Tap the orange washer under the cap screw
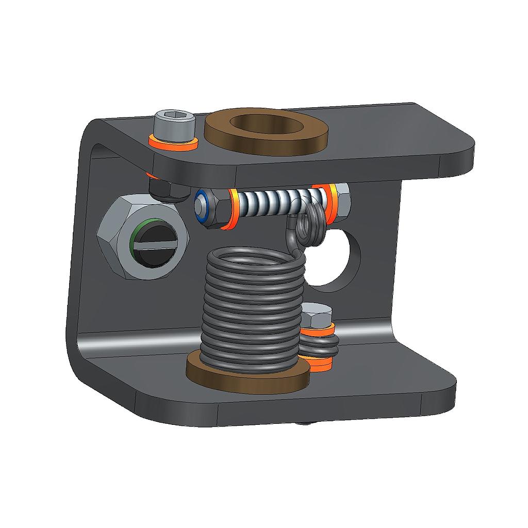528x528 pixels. coord(173,144)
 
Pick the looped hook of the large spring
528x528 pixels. coord(309,227)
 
